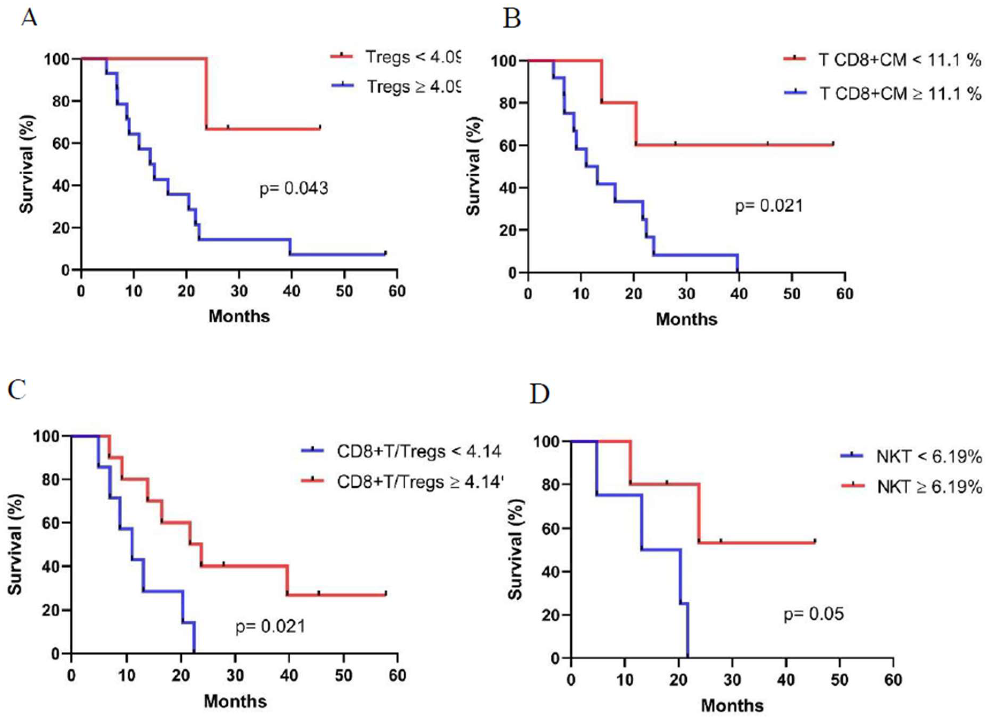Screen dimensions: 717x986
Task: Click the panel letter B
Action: (x=512, y=20)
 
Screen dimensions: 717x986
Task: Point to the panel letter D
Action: (x=540, y=394)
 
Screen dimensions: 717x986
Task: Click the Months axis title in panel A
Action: (x=239, y=316)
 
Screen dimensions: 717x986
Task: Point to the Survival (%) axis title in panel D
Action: (x=516, y=549)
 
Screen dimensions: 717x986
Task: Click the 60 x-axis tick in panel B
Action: (x=844, y=294)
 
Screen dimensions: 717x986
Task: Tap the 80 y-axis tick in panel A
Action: (x=62, y=101)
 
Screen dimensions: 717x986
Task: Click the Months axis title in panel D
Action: (x=732, y=705)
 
